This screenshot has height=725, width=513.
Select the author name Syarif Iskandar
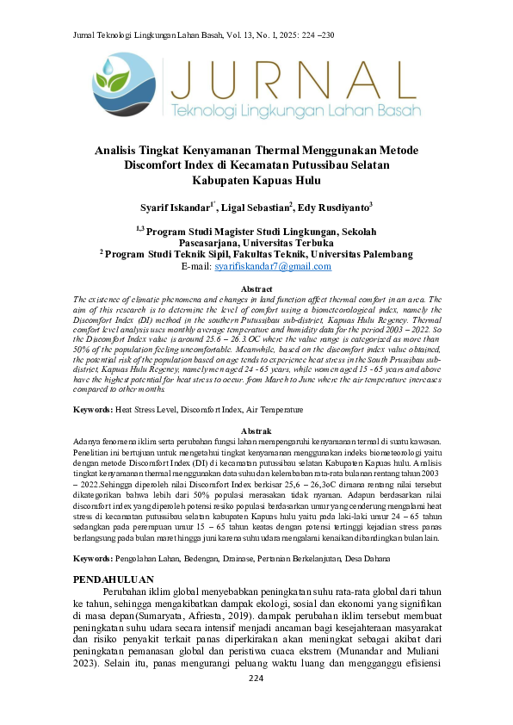[176, 208]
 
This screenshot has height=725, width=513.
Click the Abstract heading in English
[256, 288]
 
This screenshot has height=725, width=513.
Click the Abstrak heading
[256, 430]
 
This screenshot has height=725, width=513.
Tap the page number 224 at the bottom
[256, 703]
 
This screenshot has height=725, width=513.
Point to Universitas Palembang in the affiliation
[361, 255]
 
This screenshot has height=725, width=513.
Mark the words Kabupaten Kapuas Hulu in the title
[256, 181]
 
